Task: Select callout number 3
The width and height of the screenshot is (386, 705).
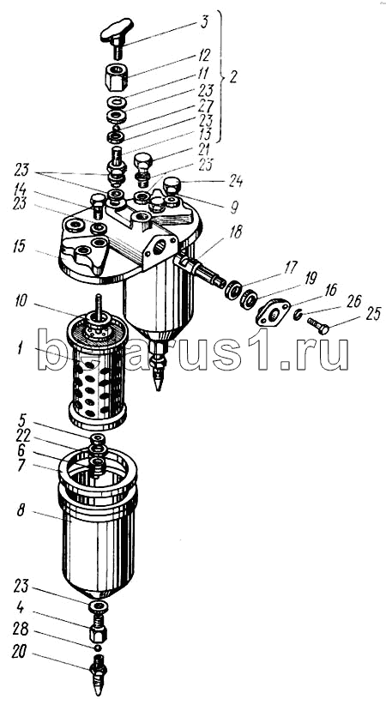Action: (x=204, y=22)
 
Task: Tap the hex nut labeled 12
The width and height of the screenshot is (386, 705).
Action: (x=117, y=77)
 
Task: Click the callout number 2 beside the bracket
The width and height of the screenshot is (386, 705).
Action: (x=232, y=77)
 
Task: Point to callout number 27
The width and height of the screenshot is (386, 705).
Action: (x=207, y=107)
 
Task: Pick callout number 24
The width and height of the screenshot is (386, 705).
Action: (x=235, y=182)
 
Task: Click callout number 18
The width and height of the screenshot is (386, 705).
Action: (x=235, y=232)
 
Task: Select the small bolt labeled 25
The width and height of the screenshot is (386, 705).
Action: (x=318, y=326)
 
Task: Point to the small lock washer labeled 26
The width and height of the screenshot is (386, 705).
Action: (x=297, y=316)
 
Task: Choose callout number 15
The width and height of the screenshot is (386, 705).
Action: (x=19, y=247)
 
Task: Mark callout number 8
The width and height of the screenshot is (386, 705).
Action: (x=21, y=512)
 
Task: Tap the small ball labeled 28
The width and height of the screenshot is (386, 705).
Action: (x=97, y=648)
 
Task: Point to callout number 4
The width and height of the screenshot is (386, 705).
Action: (x=20, y=608)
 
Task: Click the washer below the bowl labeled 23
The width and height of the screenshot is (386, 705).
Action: (x=99, y=606)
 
